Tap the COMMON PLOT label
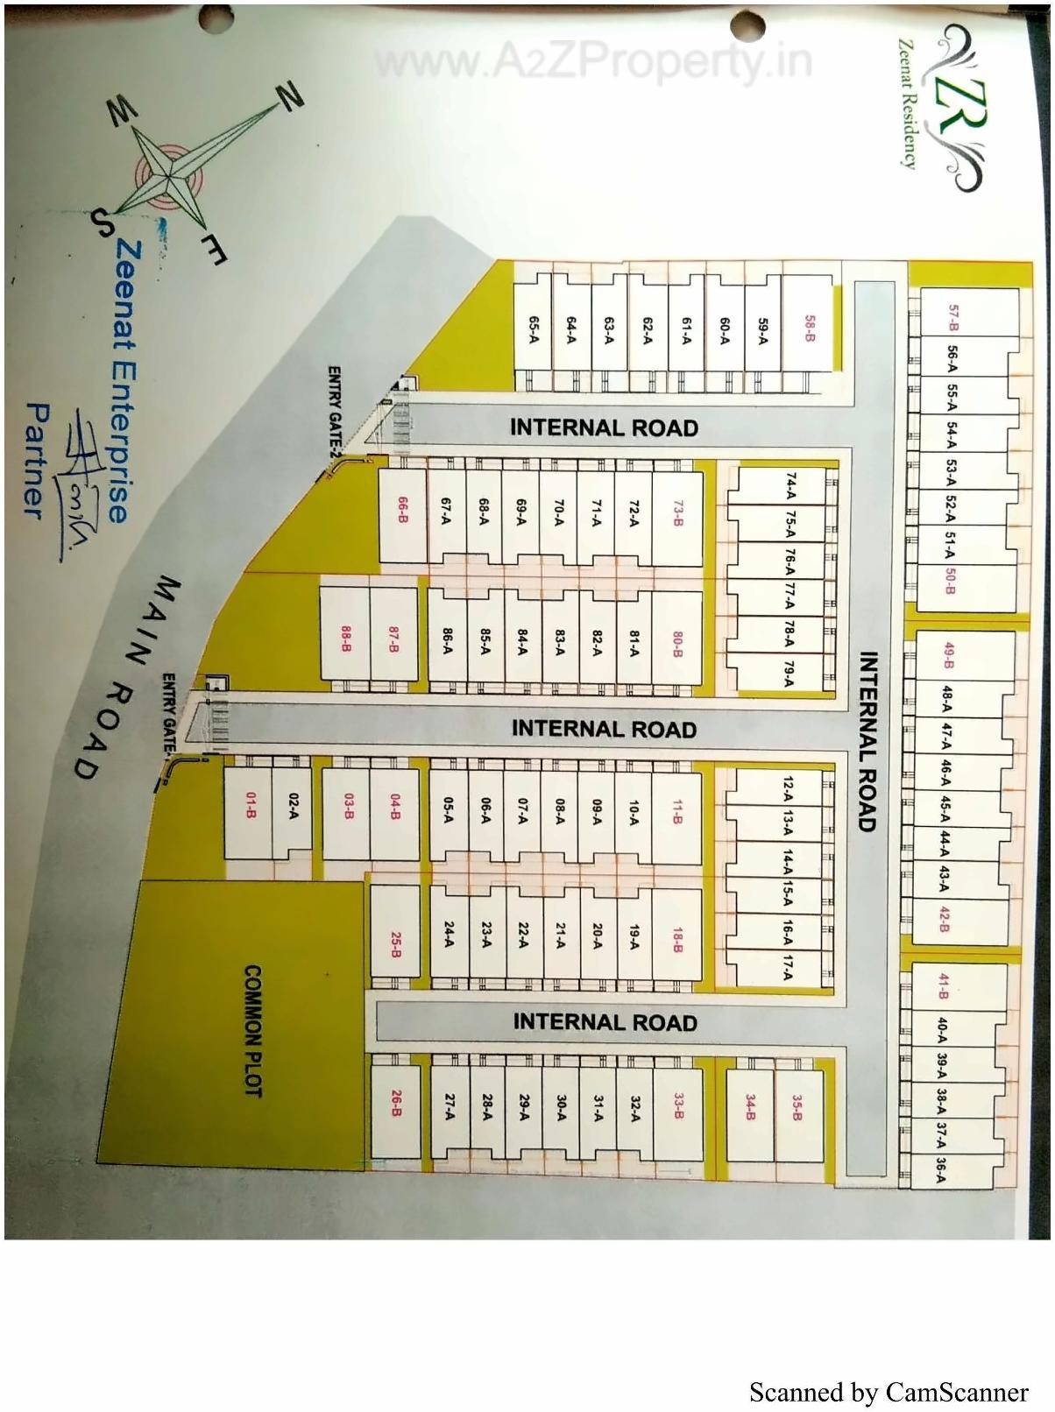(253, 1031)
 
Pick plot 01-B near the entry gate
(251, 806)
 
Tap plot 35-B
(797, 1108)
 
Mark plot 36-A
(941, 1171)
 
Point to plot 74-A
(791, 486)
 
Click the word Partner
(38, 458)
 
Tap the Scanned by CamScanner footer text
(889, 1392)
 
